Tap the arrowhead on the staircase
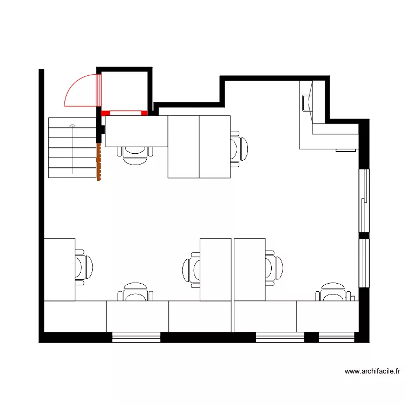pyautogui.click(x=72, y=126)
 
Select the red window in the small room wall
pyautogui.click(x=125, y=113)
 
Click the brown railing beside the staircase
pyautogui.click(x=99, y=162)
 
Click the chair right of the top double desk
pyautogui.click(x=238, y=149)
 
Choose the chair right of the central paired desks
pyautogui.click(x=273, y=267)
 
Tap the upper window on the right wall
pyautogui.click(x=365, y=201)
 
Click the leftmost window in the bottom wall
pyautogui.click(x=136, y=338)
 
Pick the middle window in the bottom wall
pyautogui.click(x=280, y=338)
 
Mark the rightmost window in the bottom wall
pyautogui.click(x=336, y=338)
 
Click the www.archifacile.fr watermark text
pyautogui.click(x=372, y=371)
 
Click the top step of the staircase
pyautogui.click(x=72, y=122)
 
